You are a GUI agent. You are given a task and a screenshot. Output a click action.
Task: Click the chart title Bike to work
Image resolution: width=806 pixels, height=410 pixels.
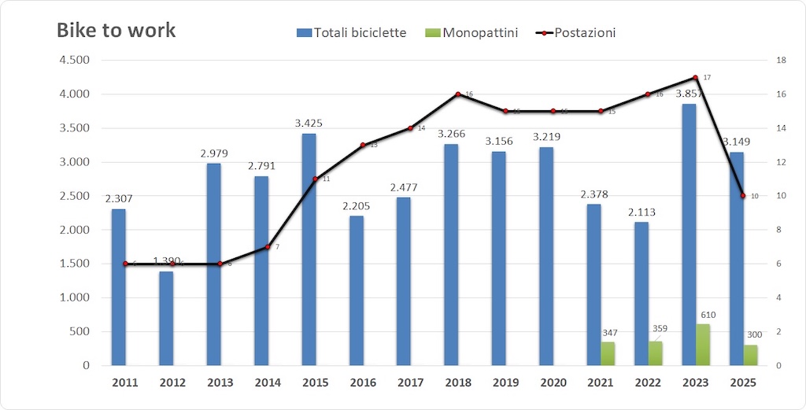(x=116, y=31)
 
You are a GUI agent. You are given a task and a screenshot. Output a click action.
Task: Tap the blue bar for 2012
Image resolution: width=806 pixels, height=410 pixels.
(x=166, y=318)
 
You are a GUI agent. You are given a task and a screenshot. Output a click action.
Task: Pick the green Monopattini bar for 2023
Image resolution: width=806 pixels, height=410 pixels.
(x=703, y=345)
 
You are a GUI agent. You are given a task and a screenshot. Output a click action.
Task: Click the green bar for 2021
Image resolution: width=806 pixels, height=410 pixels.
(x=608, y=353)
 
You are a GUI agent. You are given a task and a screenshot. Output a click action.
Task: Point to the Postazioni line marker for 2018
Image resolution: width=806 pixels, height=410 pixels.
(x=458, y=94)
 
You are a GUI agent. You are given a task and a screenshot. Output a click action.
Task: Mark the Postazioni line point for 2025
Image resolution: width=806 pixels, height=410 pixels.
(x=742, y=196)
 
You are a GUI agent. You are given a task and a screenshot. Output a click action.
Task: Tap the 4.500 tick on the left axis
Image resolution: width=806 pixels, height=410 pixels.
(x=75, y=61)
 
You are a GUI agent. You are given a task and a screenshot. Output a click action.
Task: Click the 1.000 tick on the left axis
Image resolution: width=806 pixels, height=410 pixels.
(x=75, y=298)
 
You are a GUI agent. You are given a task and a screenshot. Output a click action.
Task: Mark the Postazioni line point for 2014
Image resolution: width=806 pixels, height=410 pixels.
(x=267, y=247)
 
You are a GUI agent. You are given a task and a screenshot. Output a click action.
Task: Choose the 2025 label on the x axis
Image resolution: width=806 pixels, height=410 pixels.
(x=743, y=383)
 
